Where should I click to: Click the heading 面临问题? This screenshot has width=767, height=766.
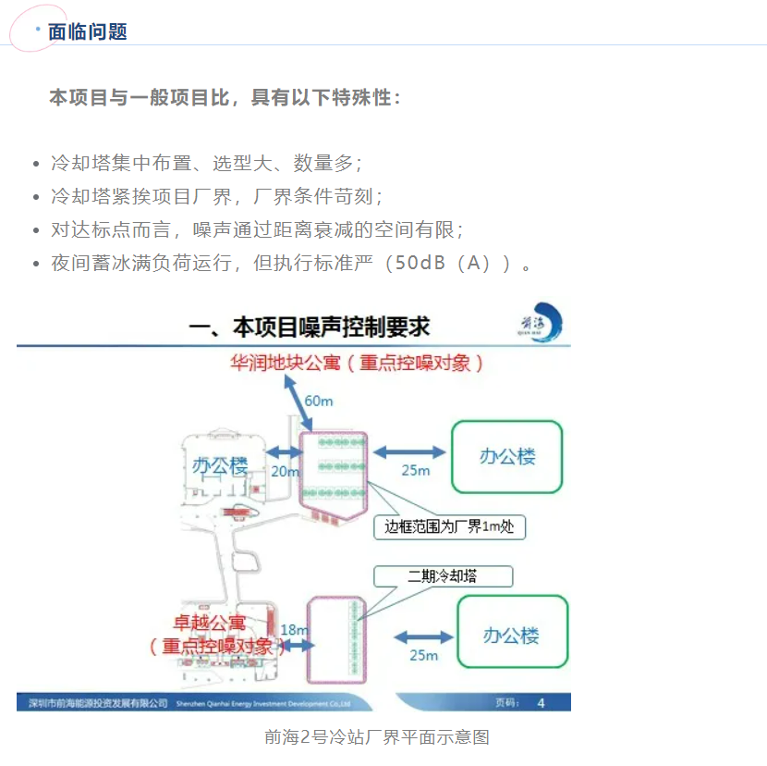pyautogui.click(x=88, y=31)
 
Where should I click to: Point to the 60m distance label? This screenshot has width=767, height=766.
pyautogui.click(x=320, y=400)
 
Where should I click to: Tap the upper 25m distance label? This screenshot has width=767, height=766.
pyautogui.click(x=415, y=470)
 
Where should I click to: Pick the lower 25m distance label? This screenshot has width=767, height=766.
pyautogui.click(x=422, y=655)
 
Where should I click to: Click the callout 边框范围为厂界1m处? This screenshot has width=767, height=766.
pyautogui.click(x=449, y=527)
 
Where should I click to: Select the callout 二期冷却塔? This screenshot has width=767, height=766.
pyautogui.click(x=443, y=576)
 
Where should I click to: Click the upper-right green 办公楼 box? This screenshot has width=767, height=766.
pyautogui.click(x=506, y=456)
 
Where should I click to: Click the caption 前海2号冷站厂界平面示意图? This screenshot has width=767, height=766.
pyautogui.click(x=376, y=737)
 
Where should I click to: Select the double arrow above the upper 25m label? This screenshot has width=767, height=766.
pyautogui.click(x=408, y=451)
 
